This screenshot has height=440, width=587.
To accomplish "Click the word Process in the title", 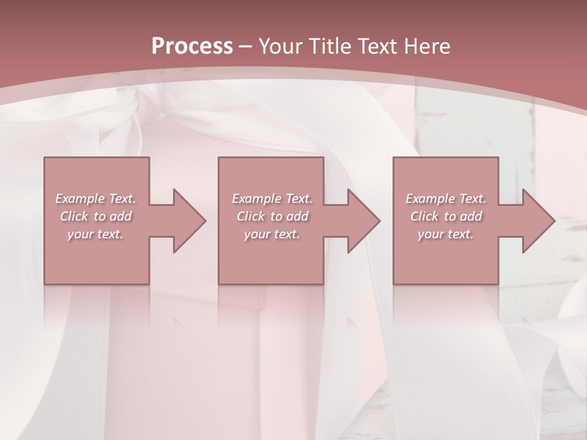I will [192, 46].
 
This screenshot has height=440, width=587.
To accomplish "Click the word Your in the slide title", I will [282, 46].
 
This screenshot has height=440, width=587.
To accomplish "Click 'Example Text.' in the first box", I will [96, 199].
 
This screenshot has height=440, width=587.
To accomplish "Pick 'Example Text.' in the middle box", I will [272, 199].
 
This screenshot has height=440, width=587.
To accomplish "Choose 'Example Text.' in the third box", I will [446, 199].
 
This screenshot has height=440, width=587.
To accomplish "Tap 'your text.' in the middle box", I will [271, 234].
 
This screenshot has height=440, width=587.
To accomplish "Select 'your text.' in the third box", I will [445, 234].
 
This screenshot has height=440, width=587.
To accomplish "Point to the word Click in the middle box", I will [251, 216].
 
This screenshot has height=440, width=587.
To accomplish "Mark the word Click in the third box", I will [424, 216].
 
